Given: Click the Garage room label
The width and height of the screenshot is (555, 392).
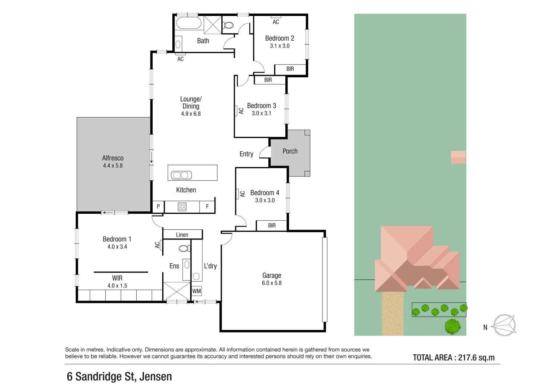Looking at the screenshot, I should pos(272,275).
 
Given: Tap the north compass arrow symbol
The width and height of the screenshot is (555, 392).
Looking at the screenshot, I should pos(504,325).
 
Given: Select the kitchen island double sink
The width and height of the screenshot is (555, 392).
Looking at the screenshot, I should pos(181,175).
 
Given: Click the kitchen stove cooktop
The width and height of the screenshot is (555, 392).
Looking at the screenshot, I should pos(182,207).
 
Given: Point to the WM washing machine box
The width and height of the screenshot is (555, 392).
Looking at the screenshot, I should pos(197,291).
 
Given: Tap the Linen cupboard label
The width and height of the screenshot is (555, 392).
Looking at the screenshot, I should pos(182,235).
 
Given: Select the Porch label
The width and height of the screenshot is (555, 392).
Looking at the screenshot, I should pos(290,151).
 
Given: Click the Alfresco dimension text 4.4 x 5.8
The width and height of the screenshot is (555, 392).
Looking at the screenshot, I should pos(113,166).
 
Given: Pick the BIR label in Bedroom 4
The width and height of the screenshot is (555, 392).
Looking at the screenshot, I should pos(272,225).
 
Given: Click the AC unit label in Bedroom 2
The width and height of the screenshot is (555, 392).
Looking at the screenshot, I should pos(276,22).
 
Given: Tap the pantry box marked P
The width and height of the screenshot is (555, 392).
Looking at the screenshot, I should pos(158,207).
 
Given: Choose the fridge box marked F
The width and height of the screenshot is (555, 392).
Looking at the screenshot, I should pos(207,207).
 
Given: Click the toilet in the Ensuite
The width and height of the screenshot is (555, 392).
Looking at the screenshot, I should pos(184,249).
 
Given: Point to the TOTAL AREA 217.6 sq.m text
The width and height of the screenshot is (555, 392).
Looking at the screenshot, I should pos(454,358).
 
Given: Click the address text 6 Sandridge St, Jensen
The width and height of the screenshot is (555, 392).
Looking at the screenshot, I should pos(119,376).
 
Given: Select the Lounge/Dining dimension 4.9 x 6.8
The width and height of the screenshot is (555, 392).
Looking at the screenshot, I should pos(191,114).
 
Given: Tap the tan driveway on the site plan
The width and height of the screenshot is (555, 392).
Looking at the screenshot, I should pos(393,314).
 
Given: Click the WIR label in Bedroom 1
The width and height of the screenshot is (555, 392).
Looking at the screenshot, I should pos(117,278).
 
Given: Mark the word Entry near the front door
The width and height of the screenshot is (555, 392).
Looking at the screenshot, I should pos(246,154).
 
